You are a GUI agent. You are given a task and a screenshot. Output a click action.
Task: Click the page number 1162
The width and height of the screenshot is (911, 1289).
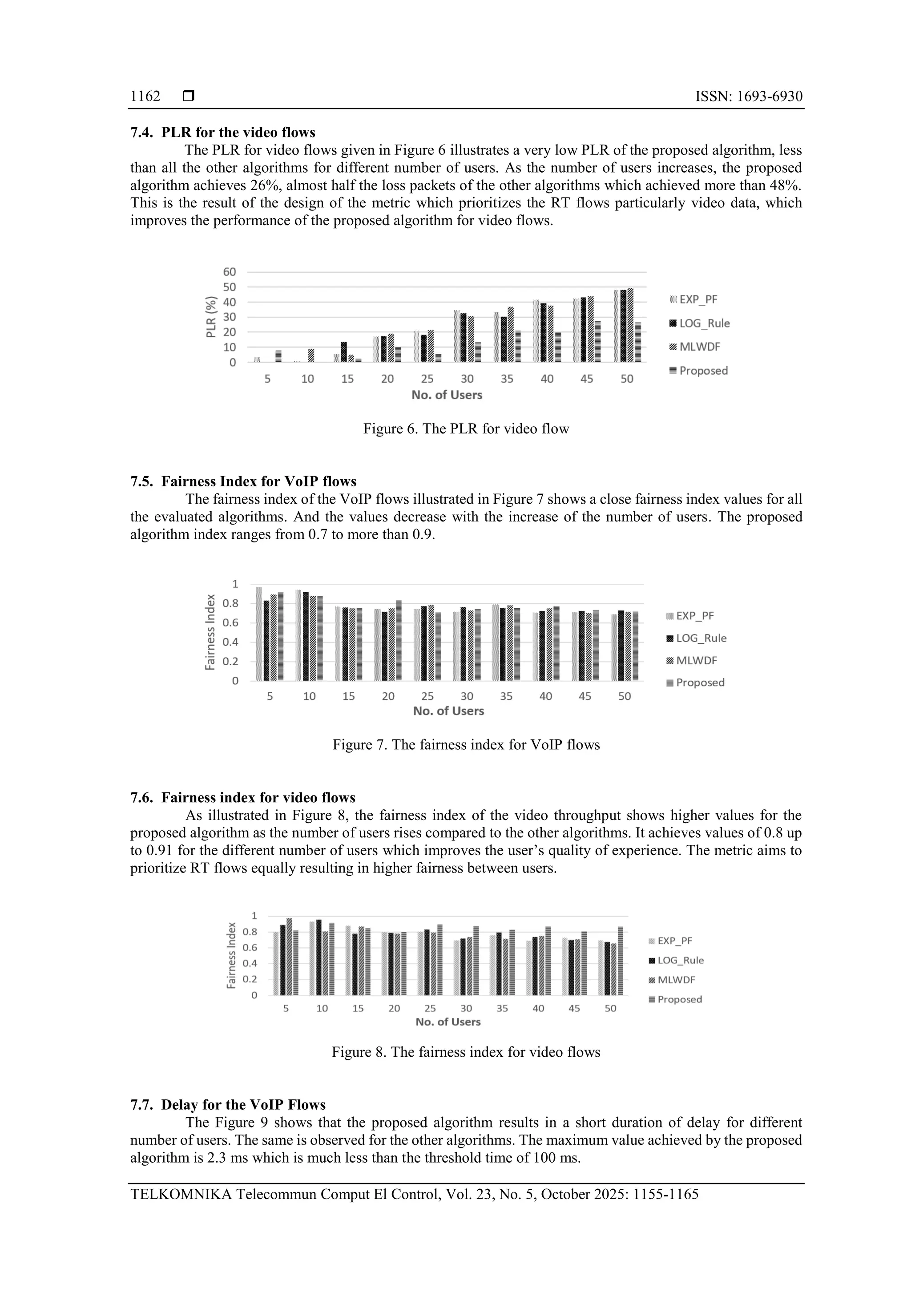click(145, 97)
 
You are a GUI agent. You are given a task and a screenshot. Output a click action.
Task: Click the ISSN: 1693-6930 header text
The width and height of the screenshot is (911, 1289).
click(748, 97)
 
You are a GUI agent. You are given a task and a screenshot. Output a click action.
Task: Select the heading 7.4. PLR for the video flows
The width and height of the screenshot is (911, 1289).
click(223, 133)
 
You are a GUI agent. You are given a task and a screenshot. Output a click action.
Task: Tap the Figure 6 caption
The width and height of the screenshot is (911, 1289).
click(466, 429)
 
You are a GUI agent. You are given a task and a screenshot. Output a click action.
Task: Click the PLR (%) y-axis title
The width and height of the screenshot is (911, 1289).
click(211, 317)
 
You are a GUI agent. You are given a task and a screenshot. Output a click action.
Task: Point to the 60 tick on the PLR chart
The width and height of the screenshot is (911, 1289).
click(230, 272)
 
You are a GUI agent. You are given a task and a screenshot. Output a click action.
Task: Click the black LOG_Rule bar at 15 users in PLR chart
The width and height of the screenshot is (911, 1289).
click(343, 352)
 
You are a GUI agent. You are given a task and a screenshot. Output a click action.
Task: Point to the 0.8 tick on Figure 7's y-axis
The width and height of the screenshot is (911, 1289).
click(230, 603)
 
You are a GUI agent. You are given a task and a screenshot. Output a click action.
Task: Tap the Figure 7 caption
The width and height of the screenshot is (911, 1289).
click(466, 745)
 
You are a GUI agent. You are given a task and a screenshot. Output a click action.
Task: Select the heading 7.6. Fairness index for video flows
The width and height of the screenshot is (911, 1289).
click(242, 798)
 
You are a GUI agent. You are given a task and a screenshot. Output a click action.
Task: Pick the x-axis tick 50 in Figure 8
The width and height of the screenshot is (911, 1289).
click(610, 1008)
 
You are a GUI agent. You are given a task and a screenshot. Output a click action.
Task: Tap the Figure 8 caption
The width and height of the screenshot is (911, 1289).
click(466, 1052)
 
